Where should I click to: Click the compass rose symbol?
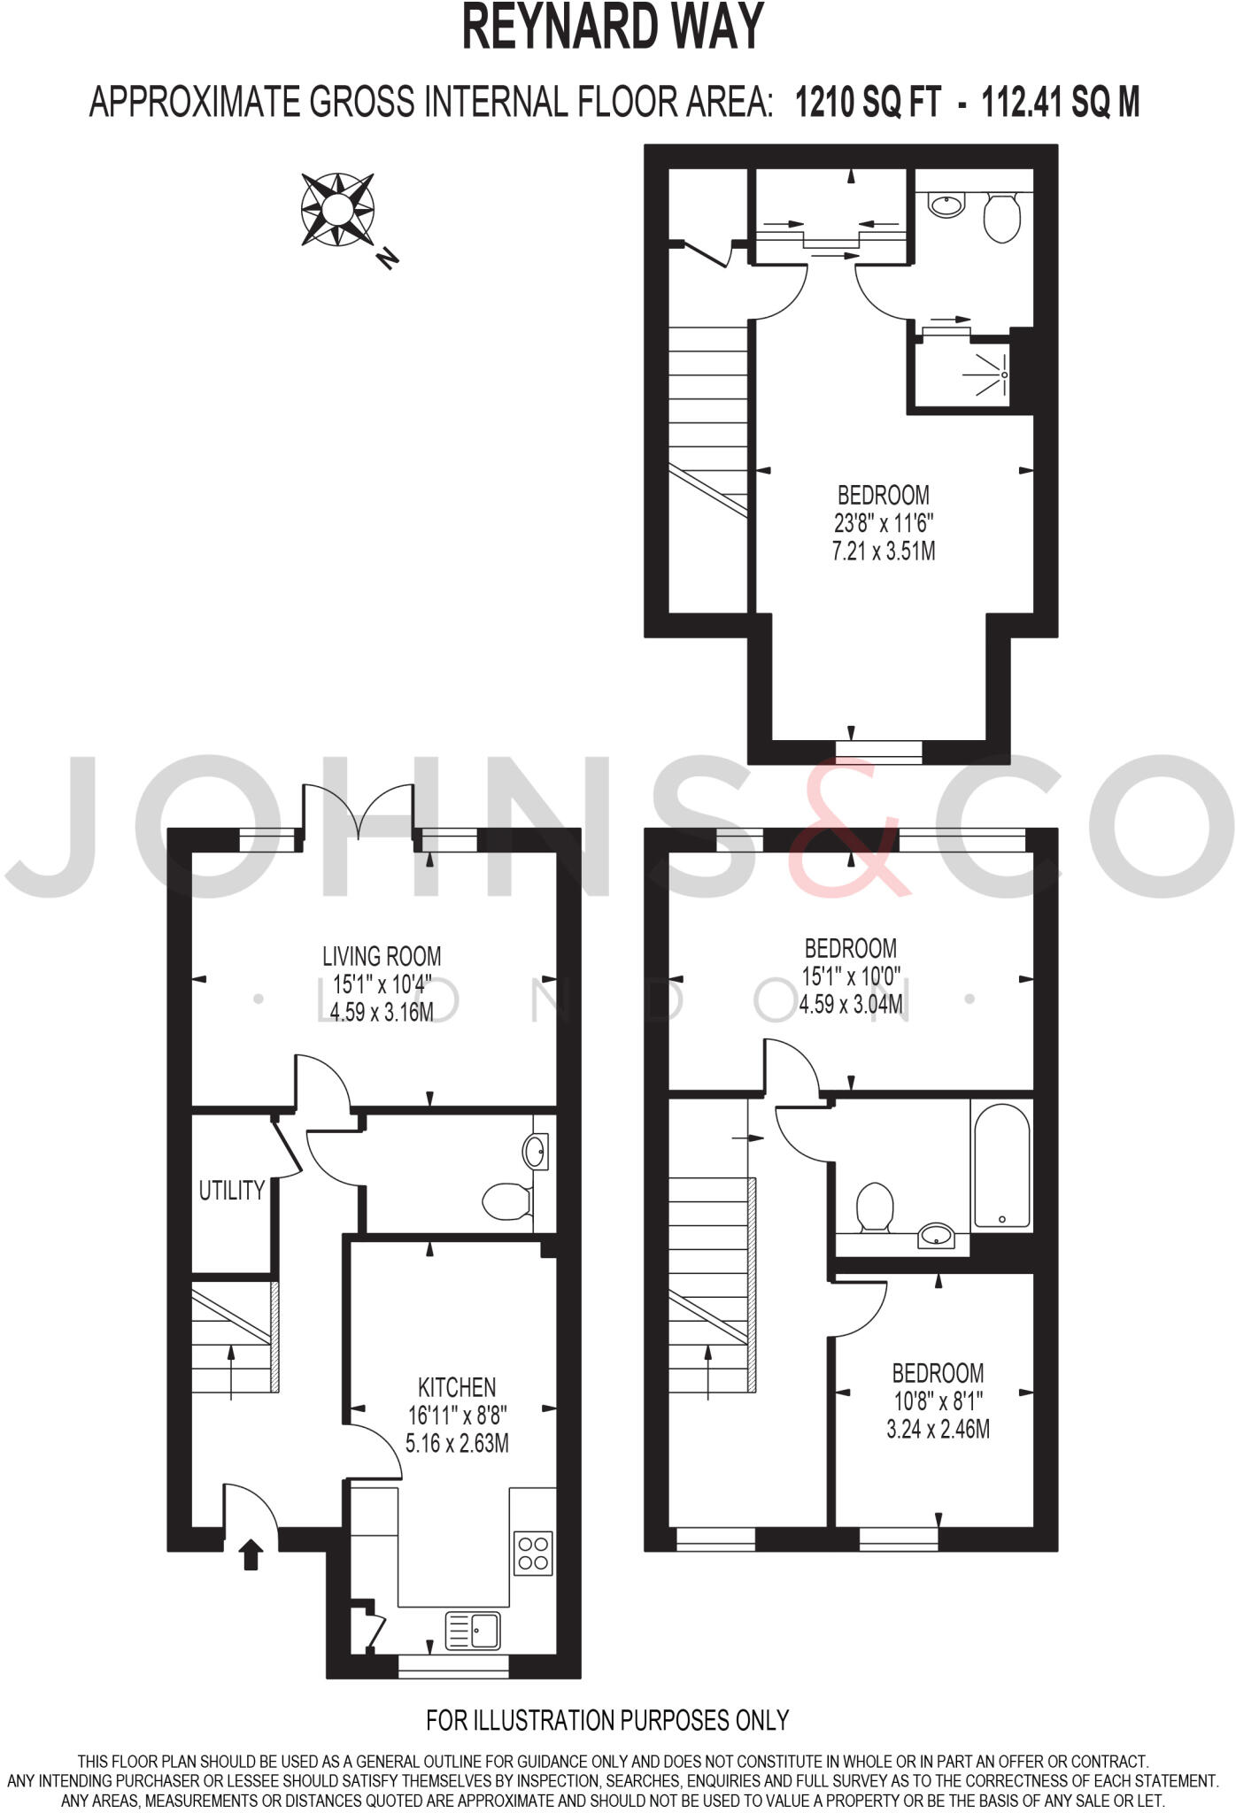pyautogui.click(x=337, y=209)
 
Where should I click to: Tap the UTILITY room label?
pyautogui.click(x=232, y=1191)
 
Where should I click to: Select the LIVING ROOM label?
pyautogui.click(x=382, y=956)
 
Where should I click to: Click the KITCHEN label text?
pyautogui.click(x=457, y=1387)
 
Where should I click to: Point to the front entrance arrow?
pyautogui.click(x=251, y=1554)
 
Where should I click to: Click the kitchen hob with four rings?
pyautogui.click(x=534, y=1553)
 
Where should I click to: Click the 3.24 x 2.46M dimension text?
pyautogui.click(x=938, y=1429)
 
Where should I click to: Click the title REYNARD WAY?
pyautogui.click(x=613, y=28)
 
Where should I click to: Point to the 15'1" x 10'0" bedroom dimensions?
pyautogui.click(x=851, y=976)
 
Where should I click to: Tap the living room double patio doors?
pyautogui.click(x=359, y=810)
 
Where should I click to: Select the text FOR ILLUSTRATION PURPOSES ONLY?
pyautogui.click(x=607, y=1720)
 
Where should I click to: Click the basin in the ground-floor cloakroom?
pyautogui.click(x=535, y=1152)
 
